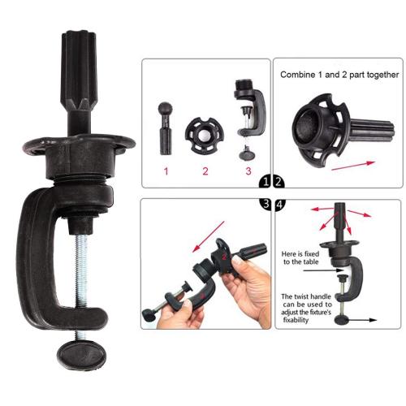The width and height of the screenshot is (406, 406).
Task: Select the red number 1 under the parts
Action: coord(166,171)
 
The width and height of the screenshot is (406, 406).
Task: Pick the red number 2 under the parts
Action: coord(205,171)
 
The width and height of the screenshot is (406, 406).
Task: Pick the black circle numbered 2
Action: coord(279,182)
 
